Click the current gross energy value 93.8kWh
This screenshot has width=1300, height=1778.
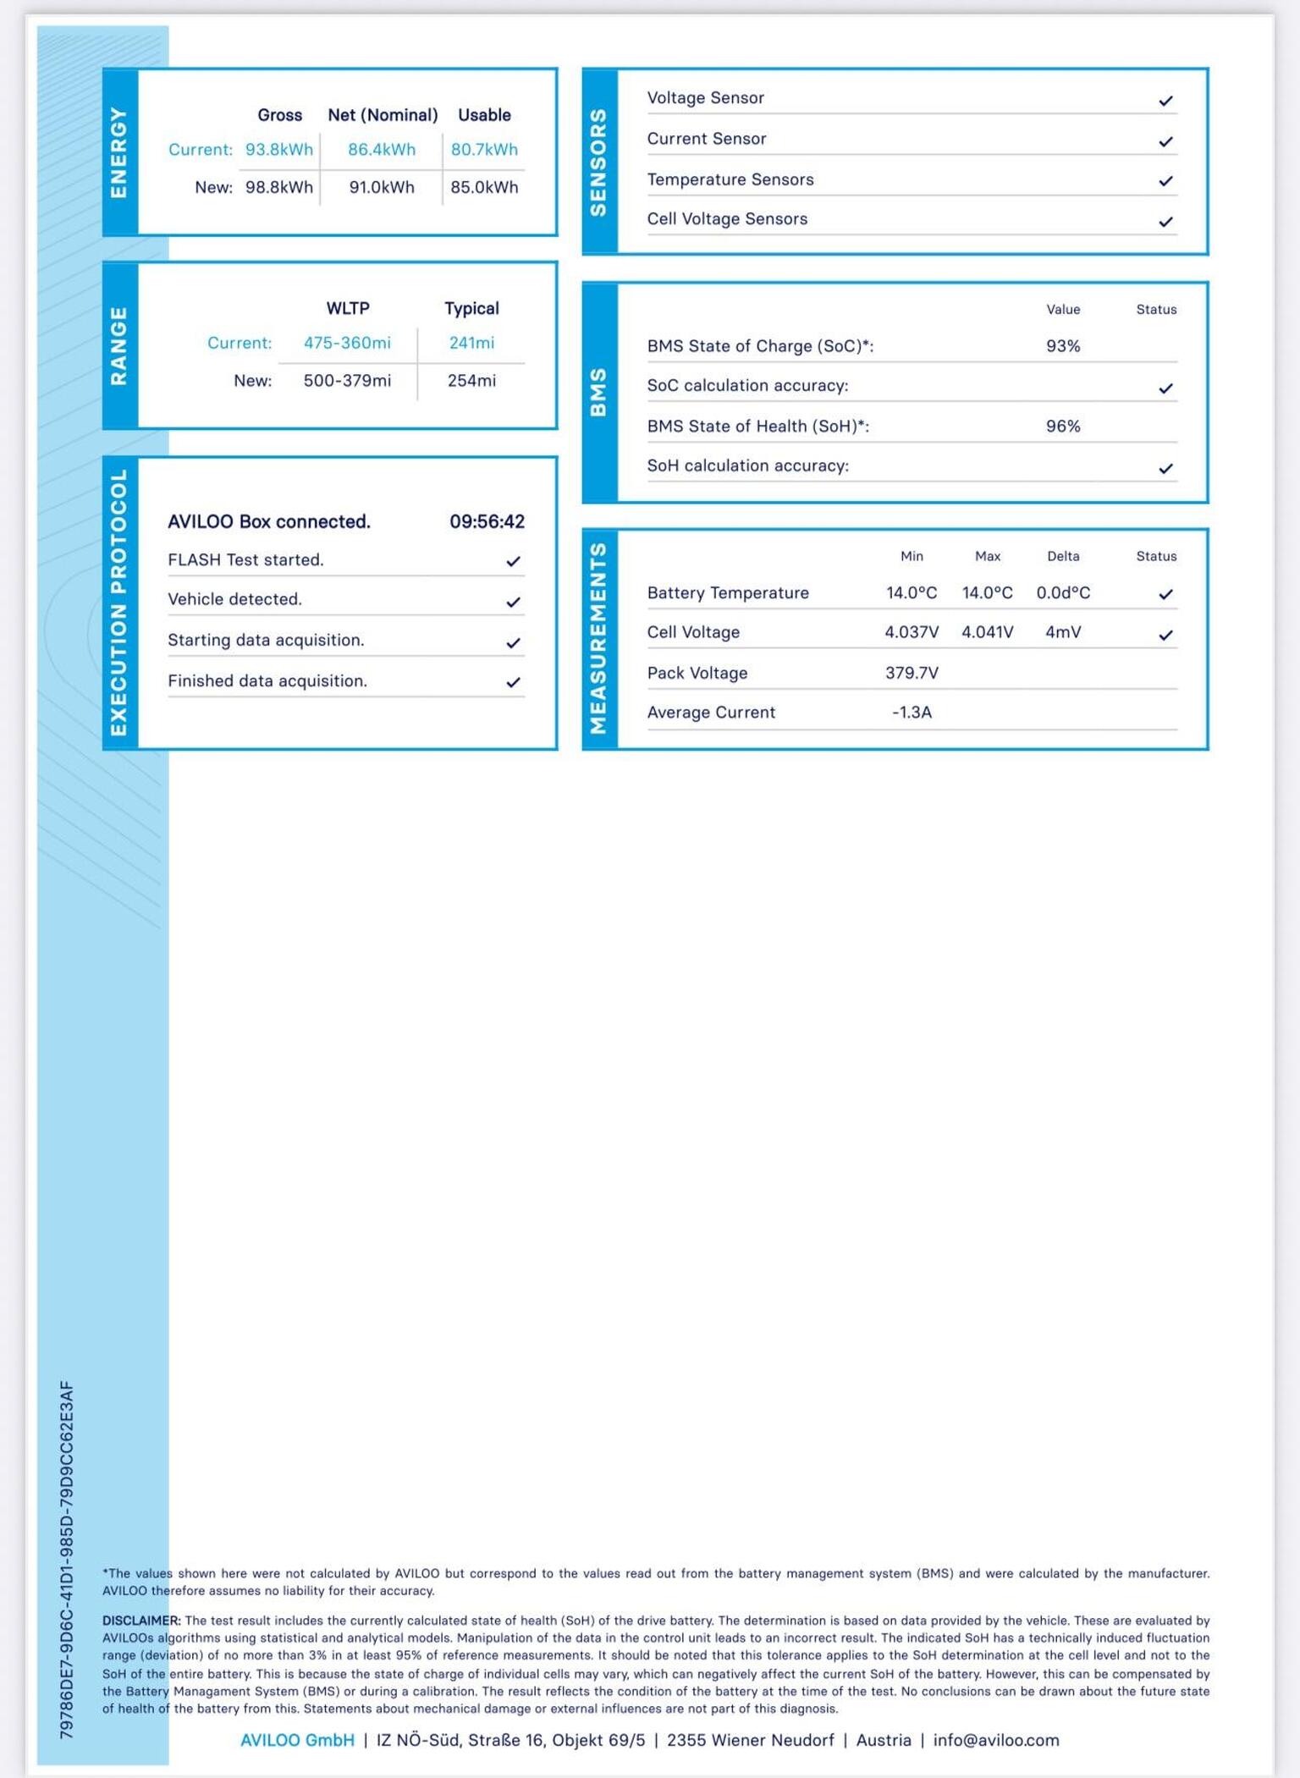point(278,149)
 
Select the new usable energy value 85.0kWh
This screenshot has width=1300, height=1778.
point(484,187)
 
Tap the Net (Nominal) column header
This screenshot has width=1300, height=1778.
point(383,115)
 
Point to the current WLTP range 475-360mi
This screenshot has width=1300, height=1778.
point(347,343)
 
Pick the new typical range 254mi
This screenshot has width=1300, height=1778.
point(471,381)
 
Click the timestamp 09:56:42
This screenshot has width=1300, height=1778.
point(487,521)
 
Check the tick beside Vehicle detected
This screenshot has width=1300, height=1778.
point(513,602)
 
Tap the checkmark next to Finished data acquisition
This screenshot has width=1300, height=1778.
point(513,682)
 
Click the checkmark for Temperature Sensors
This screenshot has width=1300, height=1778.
point(1165,181)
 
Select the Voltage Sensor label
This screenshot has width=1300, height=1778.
point(705,98)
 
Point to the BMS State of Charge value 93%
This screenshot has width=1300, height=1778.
point(1062,346)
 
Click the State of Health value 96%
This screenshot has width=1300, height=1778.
point(1062,427)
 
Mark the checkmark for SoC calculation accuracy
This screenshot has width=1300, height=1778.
point(1165,388)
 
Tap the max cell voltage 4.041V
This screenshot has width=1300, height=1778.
point(987,632)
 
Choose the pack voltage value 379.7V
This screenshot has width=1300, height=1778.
point(912,673)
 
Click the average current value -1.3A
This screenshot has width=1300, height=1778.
point(912,713)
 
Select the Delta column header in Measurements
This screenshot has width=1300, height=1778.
point(1062,556)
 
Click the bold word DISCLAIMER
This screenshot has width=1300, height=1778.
point(140,1621)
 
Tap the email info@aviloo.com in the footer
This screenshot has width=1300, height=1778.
point(995,1740)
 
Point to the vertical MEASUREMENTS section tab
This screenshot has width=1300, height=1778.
point(599,639)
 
